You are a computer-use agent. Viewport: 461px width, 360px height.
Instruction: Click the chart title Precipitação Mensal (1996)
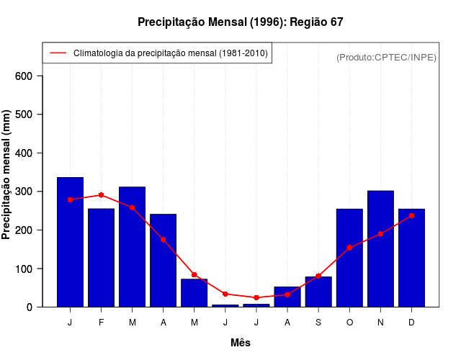[240, 22]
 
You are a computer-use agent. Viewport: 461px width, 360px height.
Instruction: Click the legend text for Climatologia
[171, 53]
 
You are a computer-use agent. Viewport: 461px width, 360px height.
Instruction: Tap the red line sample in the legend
[58, 53]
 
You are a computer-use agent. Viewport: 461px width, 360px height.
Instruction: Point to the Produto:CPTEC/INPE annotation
[386, 57]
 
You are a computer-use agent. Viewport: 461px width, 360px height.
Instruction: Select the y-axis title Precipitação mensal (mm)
[6, 175]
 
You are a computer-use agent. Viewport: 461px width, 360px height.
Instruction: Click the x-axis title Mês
[240, 343]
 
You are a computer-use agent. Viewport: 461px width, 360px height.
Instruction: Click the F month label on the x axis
[102, 323]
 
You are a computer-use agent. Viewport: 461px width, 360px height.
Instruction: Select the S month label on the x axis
[318, 323]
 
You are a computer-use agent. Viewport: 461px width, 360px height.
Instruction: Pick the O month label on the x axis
[349, 323]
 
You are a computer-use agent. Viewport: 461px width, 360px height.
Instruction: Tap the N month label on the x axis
[380, 323]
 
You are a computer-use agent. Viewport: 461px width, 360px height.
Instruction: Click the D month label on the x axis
[411, 323]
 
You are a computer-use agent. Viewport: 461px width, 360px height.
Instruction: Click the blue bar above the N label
[380, 249]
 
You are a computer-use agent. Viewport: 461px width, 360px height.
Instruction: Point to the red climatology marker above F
[102, 195]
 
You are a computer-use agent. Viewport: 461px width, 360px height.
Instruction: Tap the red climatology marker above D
[411, 215]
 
